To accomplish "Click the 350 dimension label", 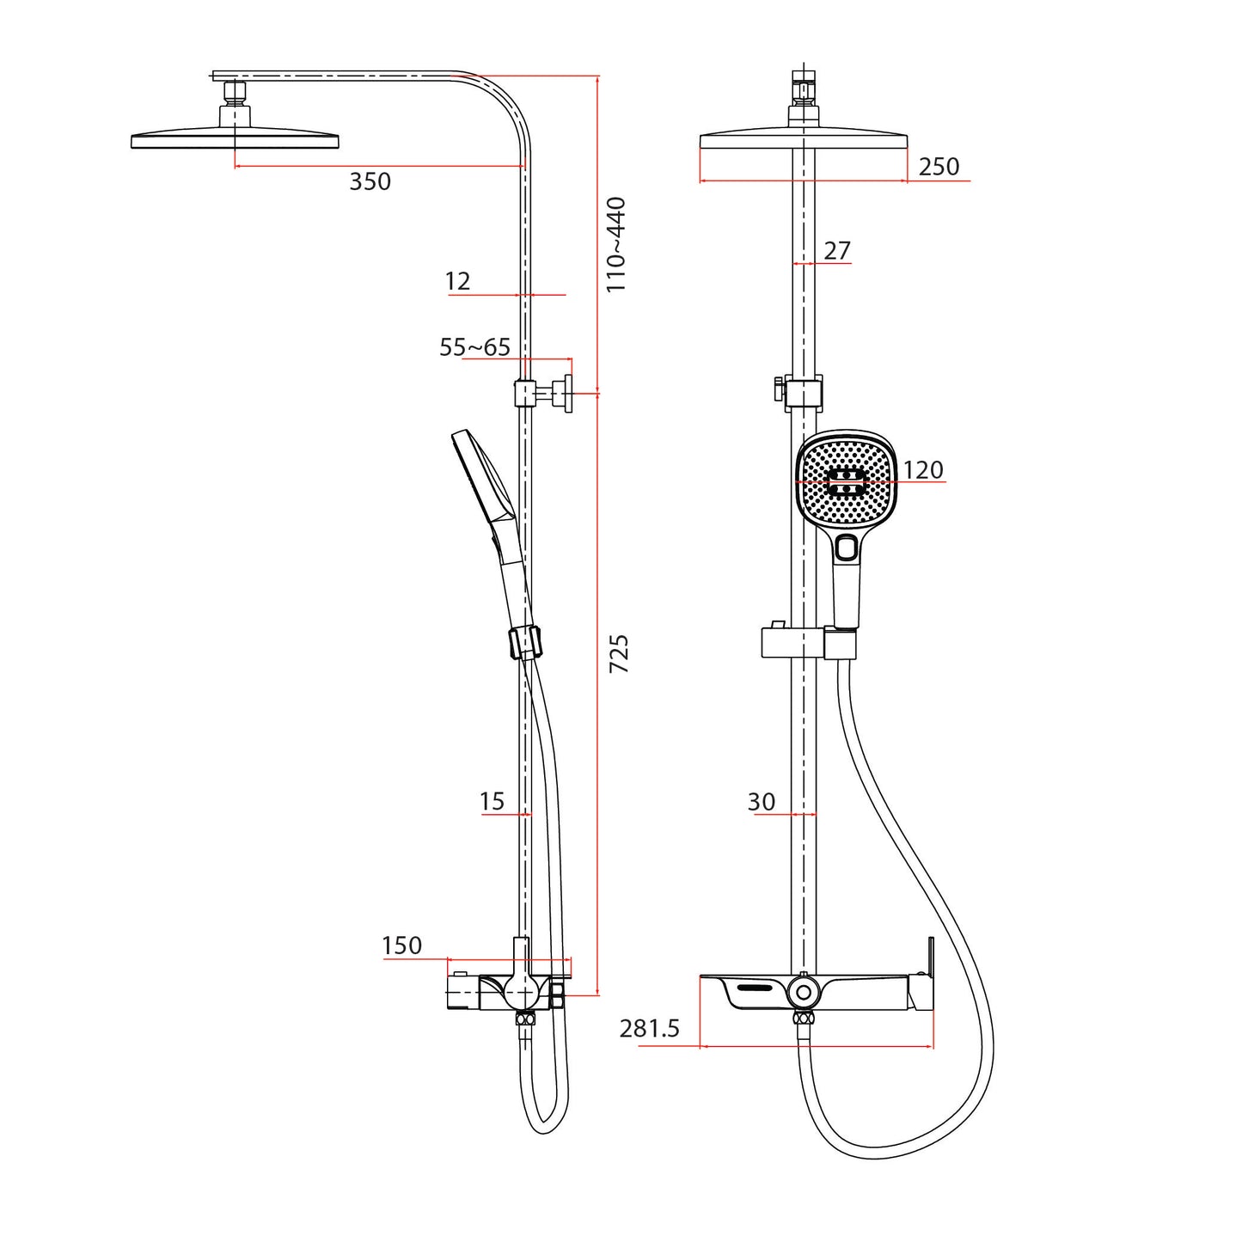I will point(370,181).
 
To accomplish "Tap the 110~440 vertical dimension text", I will point(616,245).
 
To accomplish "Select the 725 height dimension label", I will point(619,653).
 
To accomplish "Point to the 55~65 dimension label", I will point(474,347).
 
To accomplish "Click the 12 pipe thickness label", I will point(457,281).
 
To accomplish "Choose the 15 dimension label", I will point(492,801).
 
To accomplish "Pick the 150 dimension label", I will point(401,945).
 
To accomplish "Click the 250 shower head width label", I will point(939,167).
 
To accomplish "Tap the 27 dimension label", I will point(836,250).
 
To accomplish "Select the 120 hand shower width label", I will point(923,470).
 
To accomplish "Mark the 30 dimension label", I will point(761,802).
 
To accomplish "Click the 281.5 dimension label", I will point(649,1028).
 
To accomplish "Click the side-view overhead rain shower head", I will point(235,139).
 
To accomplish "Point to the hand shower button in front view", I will point(846,547).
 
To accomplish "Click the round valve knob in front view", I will point(804,992).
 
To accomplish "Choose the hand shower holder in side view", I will point(525,643).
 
